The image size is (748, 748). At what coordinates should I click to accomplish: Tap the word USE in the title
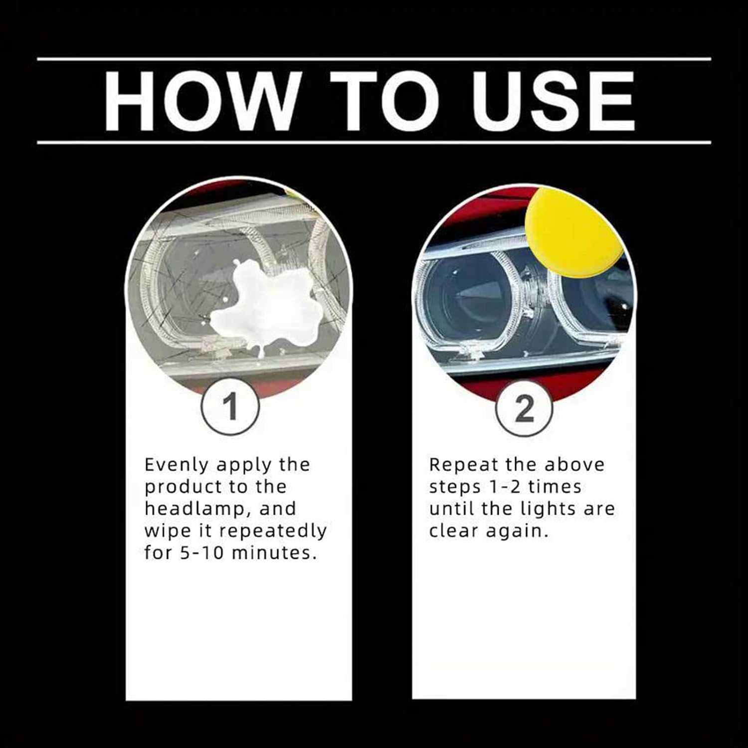click(554, 101)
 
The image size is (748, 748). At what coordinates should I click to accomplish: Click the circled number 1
click(230, 407)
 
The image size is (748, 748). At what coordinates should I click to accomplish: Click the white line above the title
click(374, 59)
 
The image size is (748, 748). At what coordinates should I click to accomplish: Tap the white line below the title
click(374, 143)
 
